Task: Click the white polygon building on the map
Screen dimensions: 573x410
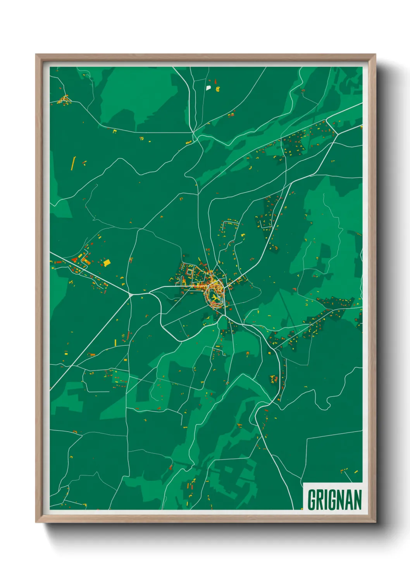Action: click(208, 88)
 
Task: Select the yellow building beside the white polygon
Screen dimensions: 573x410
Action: click(217, 89)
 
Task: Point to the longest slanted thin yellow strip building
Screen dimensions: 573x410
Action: click(73, 163)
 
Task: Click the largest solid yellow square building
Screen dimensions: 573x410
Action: click(107, 263)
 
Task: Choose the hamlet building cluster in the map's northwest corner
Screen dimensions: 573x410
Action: click(64, 100)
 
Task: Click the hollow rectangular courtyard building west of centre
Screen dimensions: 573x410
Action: click(189, 272)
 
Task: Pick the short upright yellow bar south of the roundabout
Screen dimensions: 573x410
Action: click(115, 343)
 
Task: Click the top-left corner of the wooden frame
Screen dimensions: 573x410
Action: click(36, 55)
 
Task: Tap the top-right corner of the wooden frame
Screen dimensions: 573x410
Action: click(375, 55)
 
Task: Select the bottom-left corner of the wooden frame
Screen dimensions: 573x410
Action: click(36, 522)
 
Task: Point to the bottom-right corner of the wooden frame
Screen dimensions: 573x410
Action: click(375, 522)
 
